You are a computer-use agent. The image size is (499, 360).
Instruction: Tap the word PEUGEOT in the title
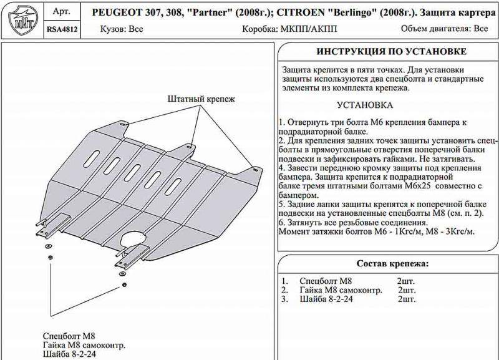point(117,12)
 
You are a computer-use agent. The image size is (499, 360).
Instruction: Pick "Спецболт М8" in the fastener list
point(327,281)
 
